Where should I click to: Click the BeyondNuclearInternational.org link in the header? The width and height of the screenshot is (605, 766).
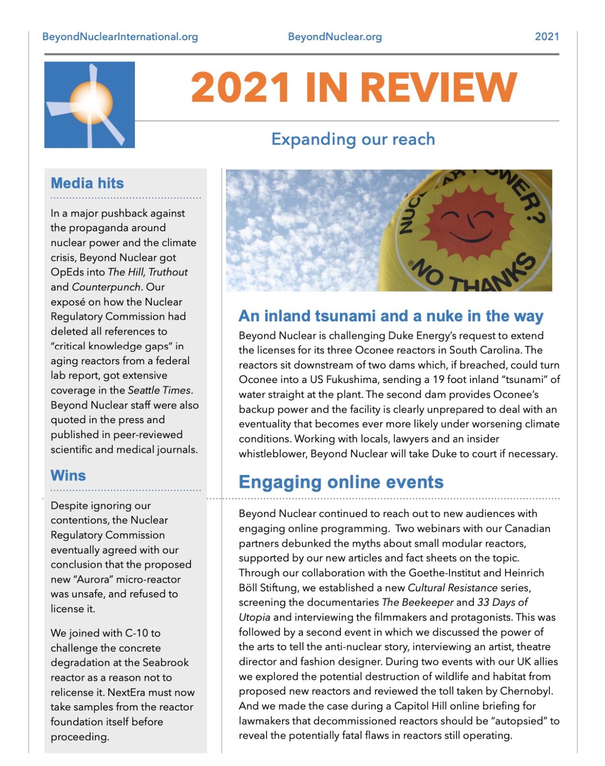pyautogui.click(x=120, y=36)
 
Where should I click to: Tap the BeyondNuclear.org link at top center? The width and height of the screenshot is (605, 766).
pyautogui.click(x=335, y=36)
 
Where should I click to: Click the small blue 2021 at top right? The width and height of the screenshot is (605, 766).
pyautogui.click(x=547, y=36)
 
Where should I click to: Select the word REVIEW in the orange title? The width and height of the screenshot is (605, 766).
pyautogui.click(x=438, y=88)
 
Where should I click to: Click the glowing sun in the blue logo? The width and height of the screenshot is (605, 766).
pyautogui.click(x=91, y=102)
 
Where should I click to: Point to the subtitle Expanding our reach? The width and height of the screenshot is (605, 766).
pyautogui.click(x=353, y=139)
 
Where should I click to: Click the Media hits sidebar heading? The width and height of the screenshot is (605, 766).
pyautogui.click(x=87, y=183)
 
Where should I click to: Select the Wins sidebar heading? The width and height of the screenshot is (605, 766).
pyautogui.click(x=68, y=475)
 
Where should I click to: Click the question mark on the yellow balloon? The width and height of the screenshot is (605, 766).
pyautogui.click(x=537, y=215)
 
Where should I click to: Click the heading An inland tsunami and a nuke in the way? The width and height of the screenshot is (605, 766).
pyautogui.click(x=391, y=316)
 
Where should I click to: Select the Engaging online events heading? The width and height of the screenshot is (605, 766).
pyautogui.click(x=341, y=482)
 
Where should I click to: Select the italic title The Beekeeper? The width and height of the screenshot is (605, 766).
pyautogui.click(x=417, y=602)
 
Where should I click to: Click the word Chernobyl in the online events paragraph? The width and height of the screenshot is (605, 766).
pyautogui.click(x=526, y=691)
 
